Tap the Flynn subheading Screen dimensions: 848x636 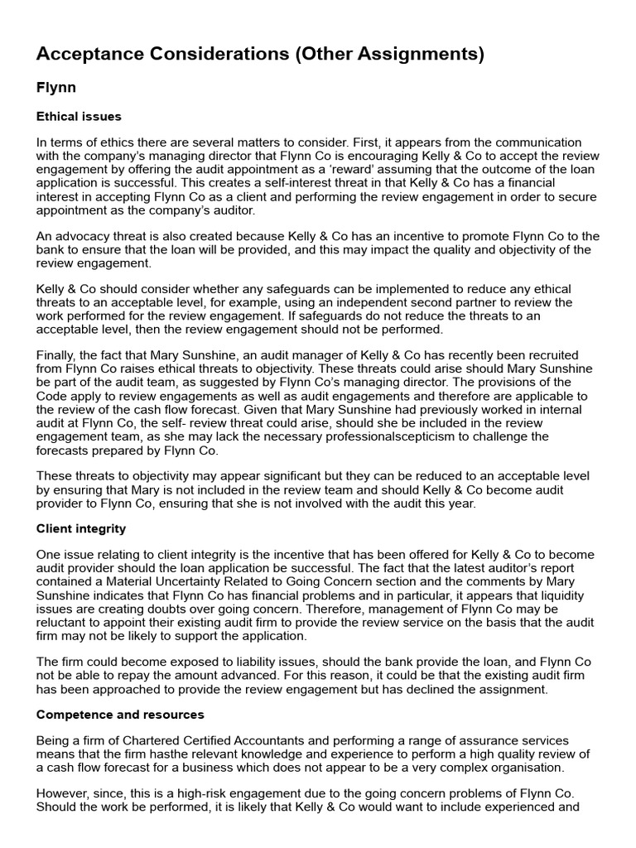[56, 86]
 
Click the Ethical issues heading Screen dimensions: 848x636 [79, 116]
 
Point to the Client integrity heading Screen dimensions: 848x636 [81, 528]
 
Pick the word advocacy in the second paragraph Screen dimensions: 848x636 [81, 236]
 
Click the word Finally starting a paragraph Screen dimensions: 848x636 [57, 355]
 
